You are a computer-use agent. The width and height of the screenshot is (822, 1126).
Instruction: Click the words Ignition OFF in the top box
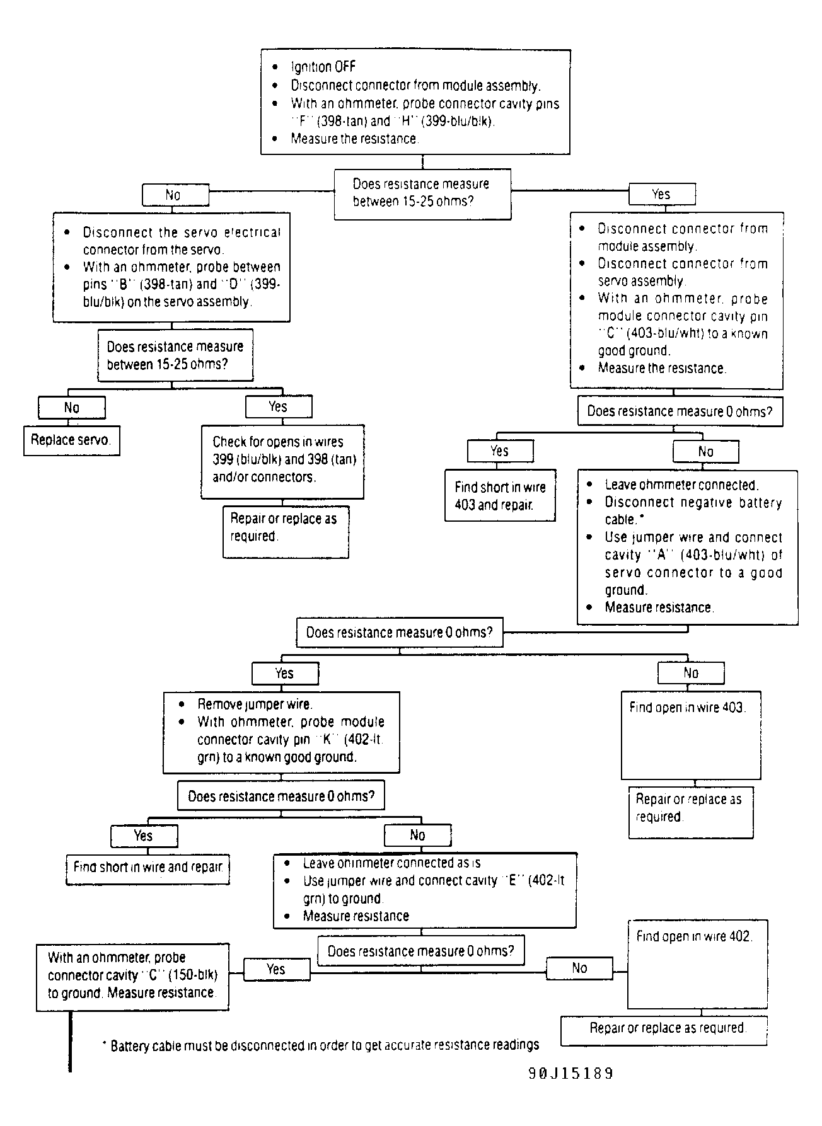323,67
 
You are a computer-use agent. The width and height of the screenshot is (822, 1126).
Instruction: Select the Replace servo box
72,440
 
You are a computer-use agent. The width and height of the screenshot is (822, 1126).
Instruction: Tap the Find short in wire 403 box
500,495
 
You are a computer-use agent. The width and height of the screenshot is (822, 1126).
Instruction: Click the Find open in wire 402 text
693,936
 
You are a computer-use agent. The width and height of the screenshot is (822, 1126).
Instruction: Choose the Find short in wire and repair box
148,870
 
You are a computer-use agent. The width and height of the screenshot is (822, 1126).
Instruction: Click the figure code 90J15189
570,1073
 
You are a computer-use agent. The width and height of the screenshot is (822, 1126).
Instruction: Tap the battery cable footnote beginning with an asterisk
320,1045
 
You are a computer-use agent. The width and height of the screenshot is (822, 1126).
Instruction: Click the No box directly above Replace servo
72,408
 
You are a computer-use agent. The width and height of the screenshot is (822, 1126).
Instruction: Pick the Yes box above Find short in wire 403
500,451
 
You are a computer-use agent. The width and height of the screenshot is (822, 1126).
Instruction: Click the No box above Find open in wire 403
691,673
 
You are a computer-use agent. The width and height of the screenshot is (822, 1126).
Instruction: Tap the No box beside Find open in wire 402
579,968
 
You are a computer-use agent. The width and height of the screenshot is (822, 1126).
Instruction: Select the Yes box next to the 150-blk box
276,969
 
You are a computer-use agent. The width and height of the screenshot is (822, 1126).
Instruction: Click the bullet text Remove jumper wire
255,704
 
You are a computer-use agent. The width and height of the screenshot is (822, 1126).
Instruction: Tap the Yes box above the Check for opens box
279,407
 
